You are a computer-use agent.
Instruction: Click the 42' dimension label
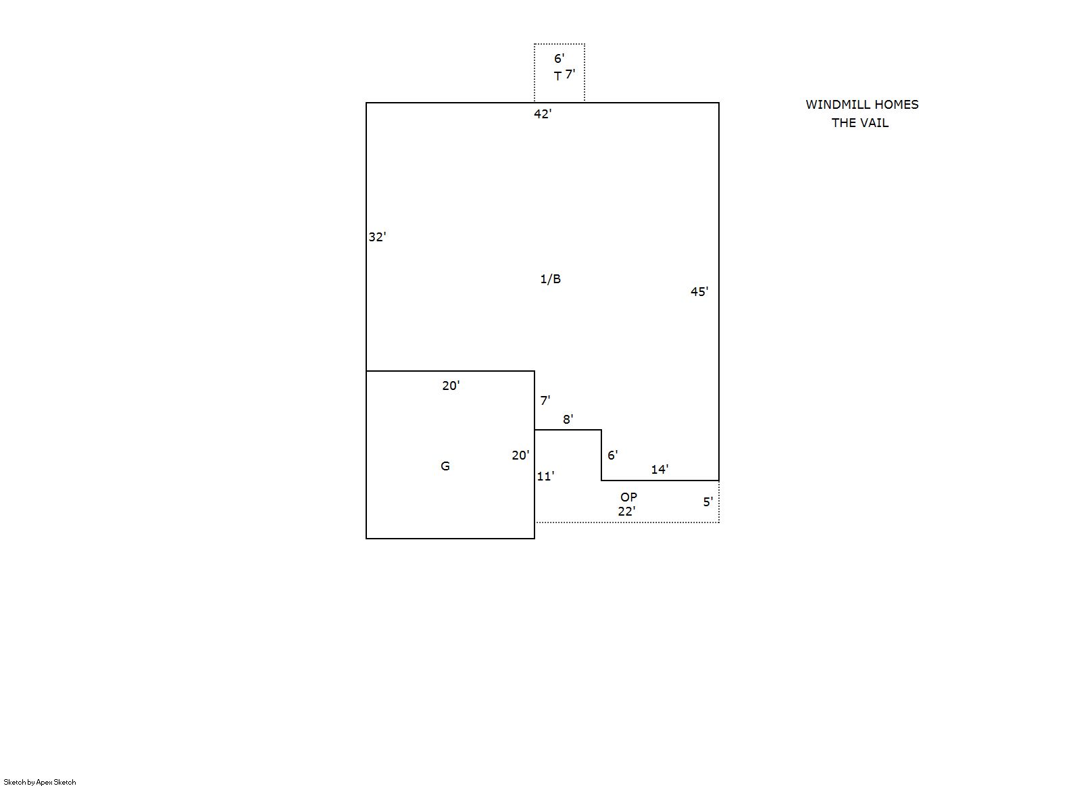click(543, 114)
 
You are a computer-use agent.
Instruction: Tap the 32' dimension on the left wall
click(377, 237)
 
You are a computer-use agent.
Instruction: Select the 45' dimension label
click(699, 291)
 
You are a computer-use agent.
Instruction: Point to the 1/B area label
click(550, 278)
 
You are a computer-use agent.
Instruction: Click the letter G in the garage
click(445, 466)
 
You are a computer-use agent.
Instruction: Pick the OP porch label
click(628, 497)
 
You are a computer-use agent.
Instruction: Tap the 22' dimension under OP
click(626, 512)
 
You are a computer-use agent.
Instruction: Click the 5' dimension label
click(707, 501)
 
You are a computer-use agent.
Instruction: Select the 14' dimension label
click(659, 469)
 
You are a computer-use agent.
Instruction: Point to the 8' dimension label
click(568, 419)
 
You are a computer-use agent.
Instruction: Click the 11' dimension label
click(545, 476)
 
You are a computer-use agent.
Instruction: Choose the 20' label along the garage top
click(451, 385)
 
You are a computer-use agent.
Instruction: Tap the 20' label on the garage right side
click(521, 455)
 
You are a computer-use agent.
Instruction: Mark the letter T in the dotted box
click(557, 76)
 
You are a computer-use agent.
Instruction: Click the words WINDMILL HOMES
click(862, 104)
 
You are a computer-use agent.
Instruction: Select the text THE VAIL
click(860, 123)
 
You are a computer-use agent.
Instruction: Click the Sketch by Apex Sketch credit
click(40, 782)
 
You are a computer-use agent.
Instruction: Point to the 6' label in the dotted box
click(559, 58)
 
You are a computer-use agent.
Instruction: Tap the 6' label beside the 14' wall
click(612, 455)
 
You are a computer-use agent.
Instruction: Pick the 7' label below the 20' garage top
click(545, 400)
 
